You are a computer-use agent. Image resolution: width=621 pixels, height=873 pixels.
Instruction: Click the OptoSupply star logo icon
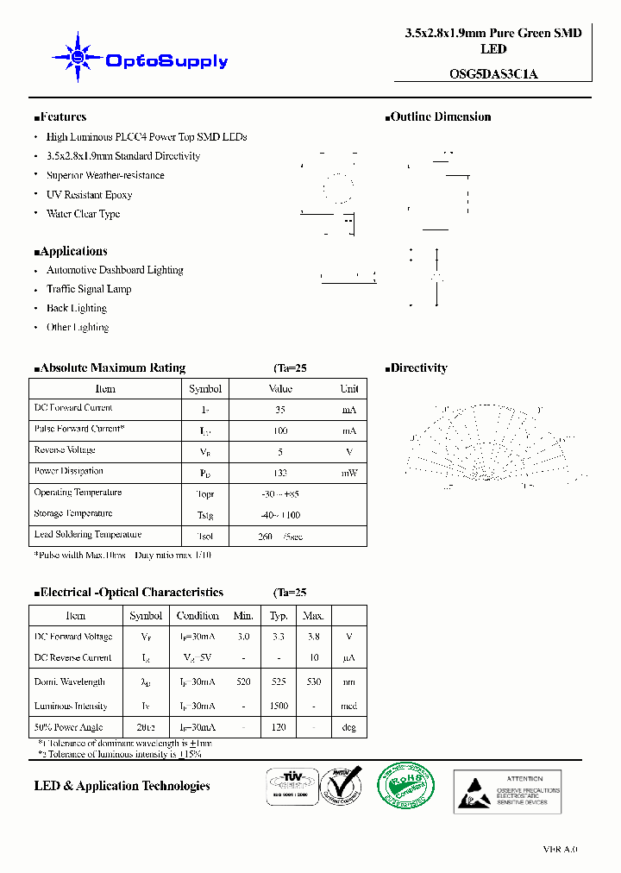(x=78, y=58)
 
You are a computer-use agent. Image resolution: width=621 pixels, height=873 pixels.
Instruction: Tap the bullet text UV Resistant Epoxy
(x=89, y=195)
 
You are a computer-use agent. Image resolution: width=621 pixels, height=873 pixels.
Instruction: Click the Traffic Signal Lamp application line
(x=89, y=289)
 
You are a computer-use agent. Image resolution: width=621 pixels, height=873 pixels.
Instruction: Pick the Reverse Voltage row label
(x=65, y=450)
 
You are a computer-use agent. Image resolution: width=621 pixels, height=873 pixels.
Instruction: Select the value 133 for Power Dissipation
(x=279, y=473)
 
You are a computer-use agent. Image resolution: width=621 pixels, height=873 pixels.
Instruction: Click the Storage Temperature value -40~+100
(x=281, y=514)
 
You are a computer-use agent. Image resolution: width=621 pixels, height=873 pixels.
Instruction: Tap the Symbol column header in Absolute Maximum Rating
(x=205, y=389)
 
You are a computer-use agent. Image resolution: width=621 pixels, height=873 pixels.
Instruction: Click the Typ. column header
(x=279, y=616)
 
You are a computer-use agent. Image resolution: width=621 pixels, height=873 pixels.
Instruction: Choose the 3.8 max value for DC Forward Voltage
(x=313, y=637)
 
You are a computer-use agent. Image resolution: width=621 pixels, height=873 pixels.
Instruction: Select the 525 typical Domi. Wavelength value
(x=279, y=681)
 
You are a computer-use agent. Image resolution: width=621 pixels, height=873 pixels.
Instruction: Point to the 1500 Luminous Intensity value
(x=279, y=706)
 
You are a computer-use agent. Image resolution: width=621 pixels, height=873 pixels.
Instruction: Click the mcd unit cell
(x=348, y=706)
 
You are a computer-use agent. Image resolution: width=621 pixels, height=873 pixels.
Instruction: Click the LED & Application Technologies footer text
(x=122, y=786)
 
